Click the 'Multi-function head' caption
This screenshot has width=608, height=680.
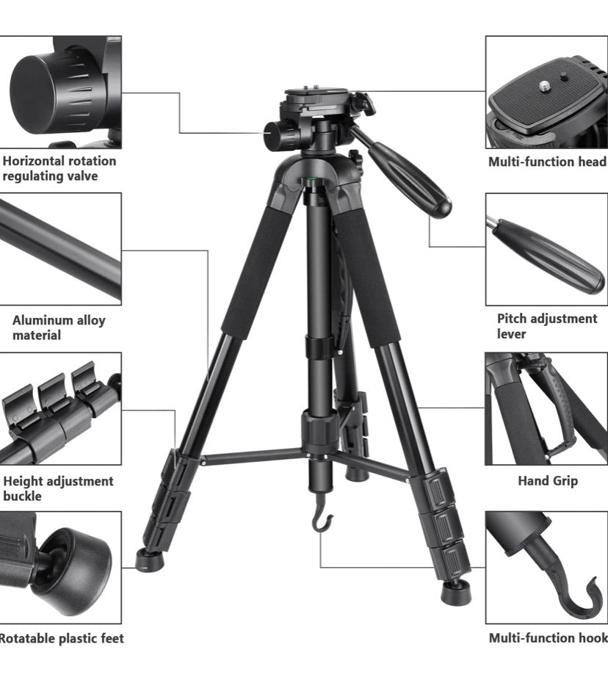point(547,162)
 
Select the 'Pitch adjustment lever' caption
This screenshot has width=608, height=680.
point(546,326)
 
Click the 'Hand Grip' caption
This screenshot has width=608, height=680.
point(548,481)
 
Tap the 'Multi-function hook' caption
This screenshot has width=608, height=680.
point(548,638)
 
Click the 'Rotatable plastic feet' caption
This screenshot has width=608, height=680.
point(62,638)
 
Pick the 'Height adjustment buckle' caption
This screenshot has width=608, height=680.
point(59,488)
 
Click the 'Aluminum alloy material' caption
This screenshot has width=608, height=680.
point(59,328)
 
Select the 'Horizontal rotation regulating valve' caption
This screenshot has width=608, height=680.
point(59,168)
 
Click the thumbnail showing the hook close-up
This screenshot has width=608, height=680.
point(546,567)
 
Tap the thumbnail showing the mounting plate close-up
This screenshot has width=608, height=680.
point(546,92)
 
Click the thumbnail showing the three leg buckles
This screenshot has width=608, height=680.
point(60,408)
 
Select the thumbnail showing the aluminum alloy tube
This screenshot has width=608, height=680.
point(60,249)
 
